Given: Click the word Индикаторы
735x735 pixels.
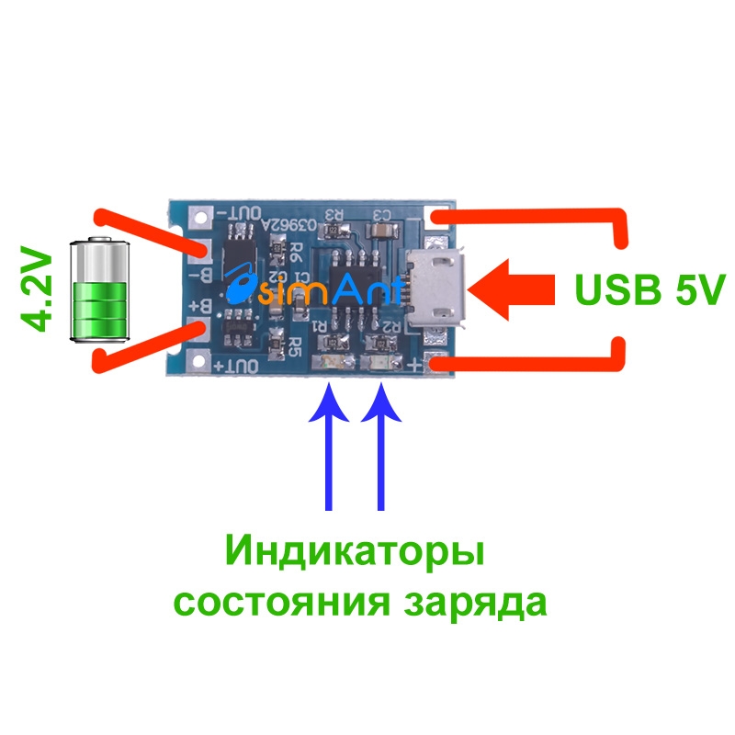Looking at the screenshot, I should tap(355, 554).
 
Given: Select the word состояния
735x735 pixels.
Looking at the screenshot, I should tap(281, 603).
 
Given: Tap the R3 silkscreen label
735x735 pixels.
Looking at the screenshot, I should tap(333, 217).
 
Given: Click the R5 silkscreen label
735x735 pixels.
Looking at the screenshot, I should tap(294, 346).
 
